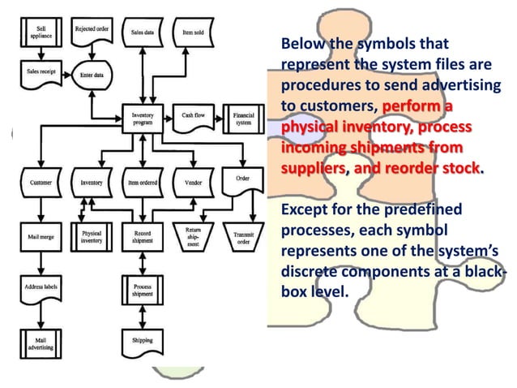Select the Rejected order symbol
coord(92,32)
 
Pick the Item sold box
coord(193,32)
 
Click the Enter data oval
coord(92,74)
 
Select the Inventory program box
coord(143,119)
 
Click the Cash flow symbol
coord(193,118)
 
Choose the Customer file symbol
coord(41,183)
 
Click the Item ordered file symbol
coord(143,183)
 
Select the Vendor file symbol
coord(193,183)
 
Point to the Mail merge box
coord(41,239)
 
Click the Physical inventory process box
coord(92,239)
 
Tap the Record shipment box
coord(143,239)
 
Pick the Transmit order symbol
coord(243,239)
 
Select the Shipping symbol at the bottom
coord(143,339)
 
